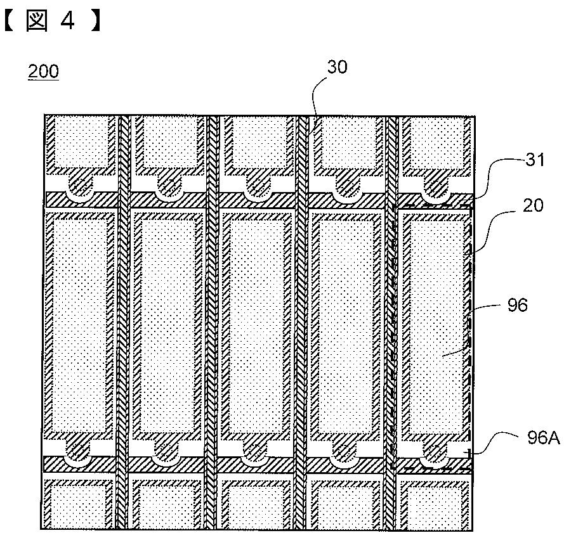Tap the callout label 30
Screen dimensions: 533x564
click(337, 67)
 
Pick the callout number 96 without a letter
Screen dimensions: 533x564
click(518, 305)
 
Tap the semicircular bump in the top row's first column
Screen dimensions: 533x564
click(79, 186)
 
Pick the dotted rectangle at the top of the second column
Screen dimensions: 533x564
click(168, 143)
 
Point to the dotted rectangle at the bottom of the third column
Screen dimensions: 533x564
click(256, 505)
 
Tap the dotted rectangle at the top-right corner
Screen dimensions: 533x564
click(437, 143)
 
